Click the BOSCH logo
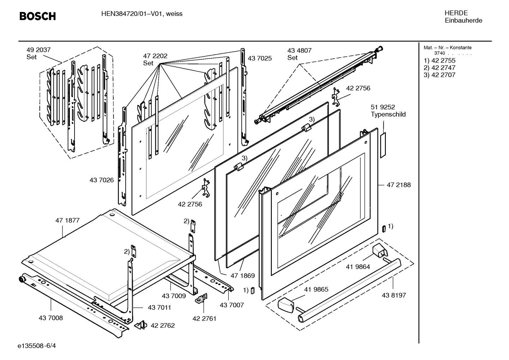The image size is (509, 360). click(37, 16)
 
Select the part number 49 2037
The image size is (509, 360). click(38, 50)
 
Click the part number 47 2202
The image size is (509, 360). click(155, 56)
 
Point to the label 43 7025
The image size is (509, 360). click(260, 58)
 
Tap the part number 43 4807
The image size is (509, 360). click(299, 51)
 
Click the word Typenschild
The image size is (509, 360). click(388, 114)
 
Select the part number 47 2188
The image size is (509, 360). click(399, 185)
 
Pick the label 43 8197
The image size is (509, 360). click(394, 295)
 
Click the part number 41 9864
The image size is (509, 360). click(358, 267)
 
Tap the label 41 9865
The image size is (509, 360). click(316, 289)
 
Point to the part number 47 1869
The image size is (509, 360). click(242, 276)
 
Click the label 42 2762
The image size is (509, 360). click(163, 325)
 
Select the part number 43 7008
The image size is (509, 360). click(50, 318)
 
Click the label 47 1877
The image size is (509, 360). click(67, 220)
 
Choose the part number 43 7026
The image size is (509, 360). click(102, 180)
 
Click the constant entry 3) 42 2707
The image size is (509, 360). click(439, 75)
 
